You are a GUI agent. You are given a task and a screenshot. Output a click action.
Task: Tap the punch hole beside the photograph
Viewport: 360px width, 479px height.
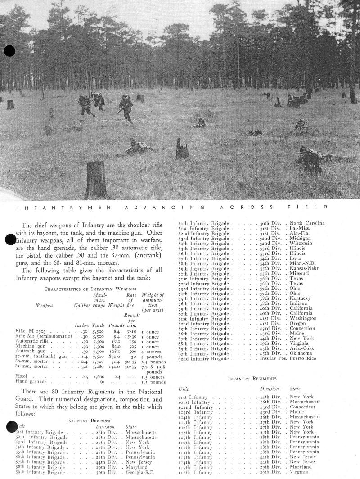[x=9, y=51]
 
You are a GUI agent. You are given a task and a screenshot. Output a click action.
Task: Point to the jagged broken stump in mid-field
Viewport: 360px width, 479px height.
[x=182, y=149]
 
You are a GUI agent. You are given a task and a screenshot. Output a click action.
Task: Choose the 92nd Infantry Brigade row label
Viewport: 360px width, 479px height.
[x=204, y=358]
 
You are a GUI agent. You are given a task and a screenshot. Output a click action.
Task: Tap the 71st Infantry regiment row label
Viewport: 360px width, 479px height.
[x=193, y=397]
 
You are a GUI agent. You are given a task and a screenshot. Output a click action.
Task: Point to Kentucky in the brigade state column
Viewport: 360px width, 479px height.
[x=300, y=298]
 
